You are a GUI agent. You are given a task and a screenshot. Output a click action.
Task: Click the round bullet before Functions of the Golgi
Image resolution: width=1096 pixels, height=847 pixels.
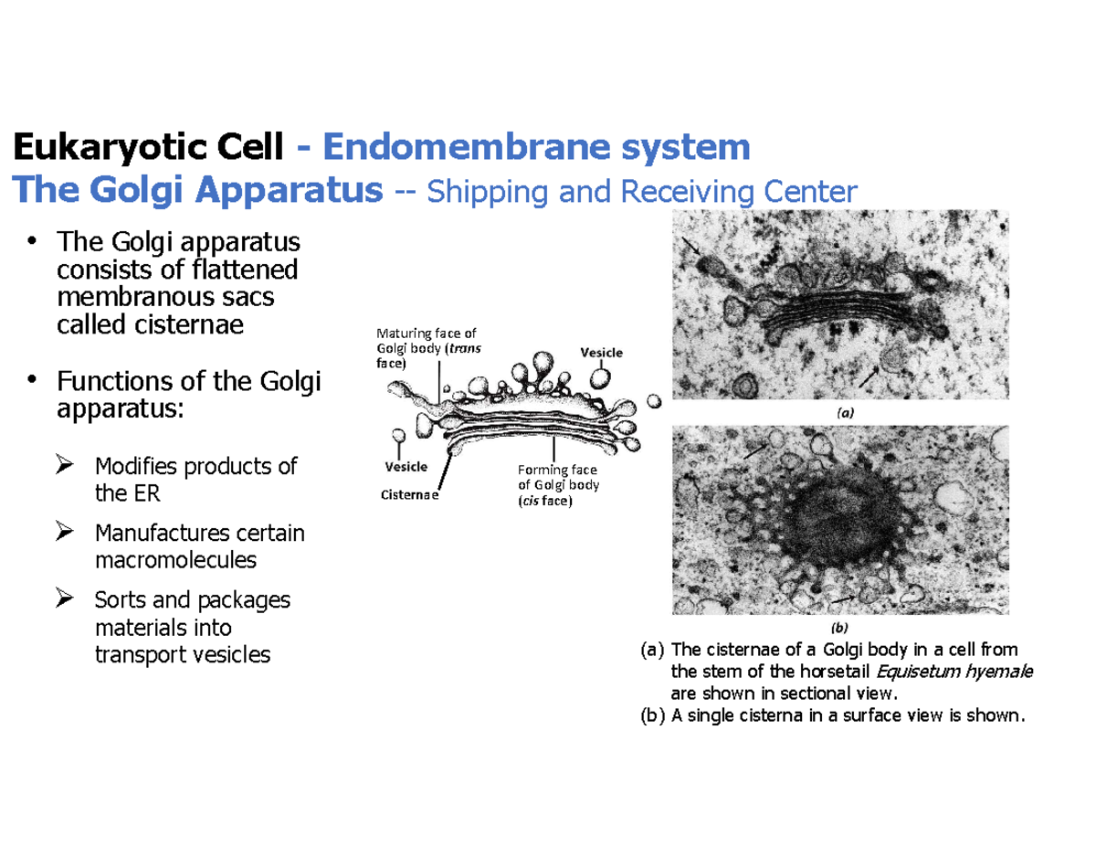[x=34, y=378]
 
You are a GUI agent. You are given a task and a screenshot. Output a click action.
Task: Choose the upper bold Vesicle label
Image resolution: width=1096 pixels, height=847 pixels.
[x=602, y=352]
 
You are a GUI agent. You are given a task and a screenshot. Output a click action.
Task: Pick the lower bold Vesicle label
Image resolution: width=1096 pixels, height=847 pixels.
[x=406, y=466]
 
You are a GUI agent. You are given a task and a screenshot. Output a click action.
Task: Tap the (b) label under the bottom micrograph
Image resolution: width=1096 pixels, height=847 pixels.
[x=840, y=628]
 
